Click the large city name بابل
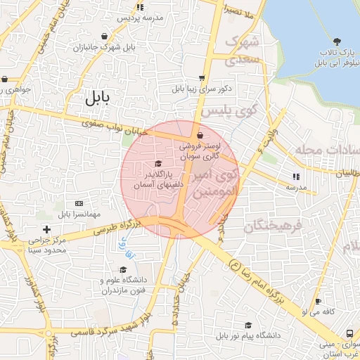99,98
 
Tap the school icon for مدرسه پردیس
140,7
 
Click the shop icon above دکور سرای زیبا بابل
202,79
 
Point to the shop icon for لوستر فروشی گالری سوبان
201,135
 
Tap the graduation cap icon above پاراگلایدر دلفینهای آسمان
167,164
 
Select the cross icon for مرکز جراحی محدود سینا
46,229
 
